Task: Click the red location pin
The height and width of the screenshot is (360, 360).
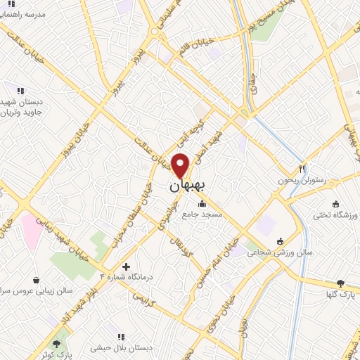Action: (x=181, y=165)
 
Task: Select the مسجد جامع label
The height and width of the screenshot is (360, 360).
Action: (x=202, y=212)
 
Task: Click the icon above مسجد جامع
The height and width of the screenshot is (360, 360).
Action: (x=202, y=204)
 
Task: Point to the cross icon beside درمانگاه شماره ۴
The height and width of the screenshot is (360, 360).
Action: (x=126, y=266)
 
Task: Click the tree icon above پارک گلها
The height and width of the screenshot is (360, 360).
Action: (x=340, y=283)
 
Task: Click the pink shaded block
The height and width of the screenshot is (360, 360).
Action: (x=32, y=231)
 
